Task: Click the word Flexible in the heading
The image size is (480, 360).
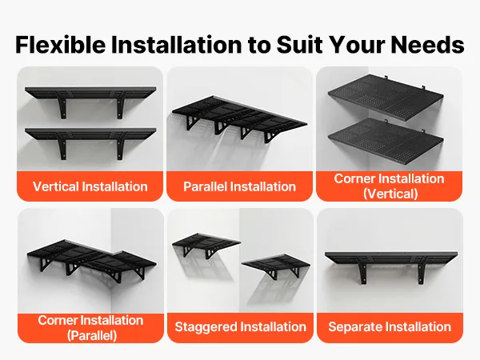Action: (61, 45)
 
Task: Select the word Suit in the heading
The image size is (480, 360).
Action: (300, 45)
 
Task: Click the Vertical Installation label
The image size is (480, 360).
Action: (90, 186)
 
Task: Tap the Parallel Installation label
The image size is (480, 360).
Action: (239, 186)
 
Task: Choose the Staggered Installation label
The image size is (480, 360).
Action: (240, 326)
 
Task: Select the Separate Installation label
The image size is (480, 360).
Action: (390, 326)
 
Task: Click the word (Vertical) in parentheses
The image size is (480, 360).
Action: (390, 194)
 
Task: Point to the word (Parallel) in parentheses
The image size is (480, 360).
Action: (92, 335)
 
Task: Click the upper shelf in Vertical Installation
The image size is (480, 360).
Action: (90, 93)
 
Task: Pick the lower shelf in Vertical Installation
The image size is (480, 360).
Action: (90, 134)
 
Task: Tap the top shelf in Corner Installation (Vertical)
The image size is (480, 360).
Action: (386, 92)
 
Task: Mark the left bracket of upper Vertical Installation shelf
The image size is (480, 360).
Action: (62, 106)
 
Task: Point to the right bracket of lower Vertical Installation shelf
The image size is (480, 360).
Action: (120, 147)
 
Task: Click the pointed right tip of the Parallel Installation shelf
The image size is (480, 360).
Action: (307, 124)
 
